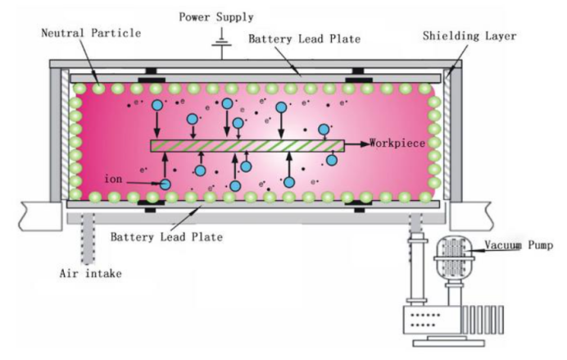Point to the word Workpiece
click(397, 144)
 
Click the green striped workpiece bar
click(246, 145)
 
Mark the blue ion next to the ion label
click(166, 185)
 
